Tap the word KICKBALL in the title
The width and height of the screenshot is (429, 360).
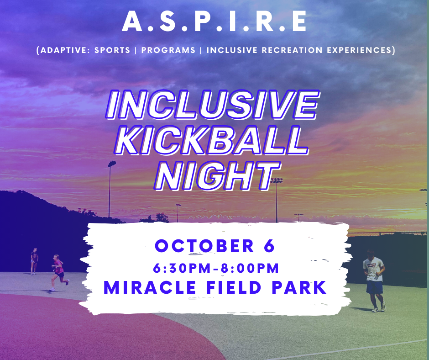click(x=211, y=141)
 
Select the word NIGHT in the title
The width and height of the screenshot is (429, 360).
click(x=218, y=175)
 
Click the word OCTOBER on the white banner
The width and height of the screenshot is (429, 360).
click(x=204, y=246)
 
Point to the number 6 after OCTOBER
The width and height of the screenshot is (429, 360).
click(x=269, y=246)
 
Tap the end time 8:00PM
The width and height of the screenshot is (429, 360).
click(x=250, y=268)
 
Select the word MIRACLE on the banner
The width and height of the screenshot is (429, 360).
click(x=150, y=287)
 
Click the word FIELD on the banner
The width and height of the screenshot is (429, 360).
click(x=234, y=287)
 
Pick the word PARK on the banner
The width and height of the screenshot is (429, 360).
click(x=299, y=287)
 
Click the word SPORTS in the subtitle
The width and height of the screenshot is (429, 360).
click(x=112, y=50)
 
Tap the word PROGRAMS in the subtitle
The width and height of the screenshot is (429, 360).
click(x=168, y=50)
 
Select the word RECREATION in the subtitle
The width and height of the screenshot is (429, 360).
click(x=292, y=50)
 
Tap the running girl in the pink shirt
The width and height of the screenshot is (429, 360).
click(x=59, y=273)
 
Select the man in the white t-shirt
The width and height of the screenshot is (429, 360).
click(x=374, y=281)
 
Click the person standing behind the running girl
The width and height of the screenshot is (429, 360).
click(x=34, y=261)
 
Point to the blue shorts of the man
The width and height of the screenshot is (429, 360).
click(x=375, y=287)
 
